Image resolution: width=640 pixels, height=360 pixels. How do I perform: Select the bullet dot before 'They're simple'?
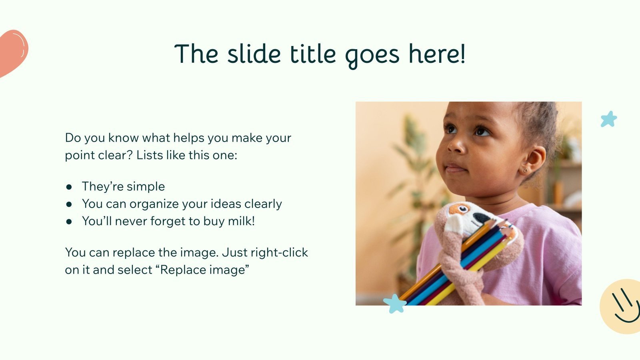point(69,187)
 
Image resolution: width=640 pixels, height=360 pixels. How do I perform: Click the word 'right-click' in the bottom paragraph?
point(279,252)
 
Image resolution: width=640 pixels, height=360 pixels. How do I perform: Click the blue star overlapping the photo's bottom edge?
point(395,304)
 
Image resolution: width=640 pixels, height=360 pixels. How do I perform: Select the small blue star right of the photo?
point(608,119)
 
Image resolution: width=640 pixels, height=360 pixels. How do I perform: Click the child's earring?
point(525,171)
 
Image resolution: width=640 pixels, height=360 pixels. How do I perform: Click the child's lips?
point(456,168)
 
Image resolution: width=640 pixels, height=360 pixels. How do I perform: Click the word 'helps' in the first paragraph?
point(189,138)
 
